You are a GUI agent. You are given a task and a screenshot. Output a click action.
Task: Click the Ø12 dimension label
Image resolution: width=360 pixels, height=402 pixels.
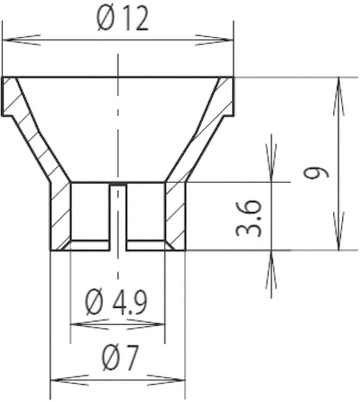[123, 20]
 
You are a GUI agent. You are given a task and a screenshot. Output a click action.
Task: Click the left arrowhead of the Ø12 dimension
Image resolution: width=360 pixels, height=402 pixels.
[20, 40]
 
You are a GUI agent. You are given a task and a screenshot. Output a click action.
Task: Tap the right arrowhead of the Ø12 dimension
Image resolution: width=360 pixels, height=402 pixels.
[215, 40]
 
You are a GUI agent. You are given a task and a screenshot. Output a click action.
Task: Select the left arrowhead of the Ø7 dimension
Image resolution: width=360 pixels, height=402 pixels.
[68, 380]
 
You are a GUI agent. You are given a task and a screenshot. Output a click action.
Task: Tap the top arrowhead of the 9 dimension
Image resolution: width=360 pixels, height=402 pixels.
[339, 96]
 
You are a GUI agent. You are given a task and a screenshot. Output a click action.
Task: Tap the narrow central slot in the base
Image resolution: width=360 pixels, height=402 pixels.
[118, 217]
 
